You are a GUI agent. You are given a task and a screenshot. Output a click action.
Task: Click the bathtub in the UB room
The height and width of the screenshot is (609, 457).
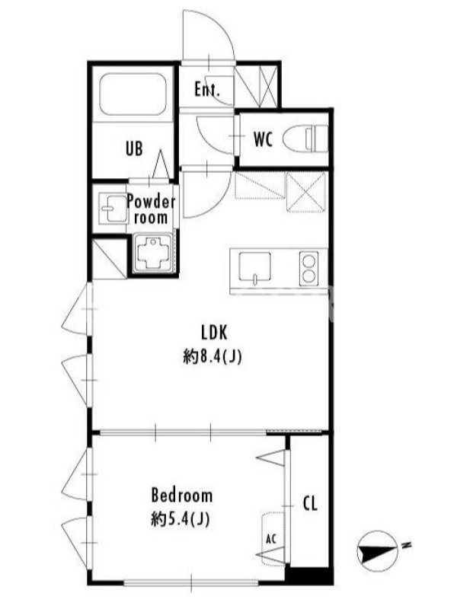133,94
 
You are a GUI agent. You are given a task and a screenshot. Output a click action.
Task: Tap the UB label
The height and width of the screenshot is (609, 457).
134,148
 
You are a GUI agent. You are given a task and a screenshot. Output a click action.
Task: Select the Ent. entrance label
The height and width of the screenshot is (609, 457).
207,91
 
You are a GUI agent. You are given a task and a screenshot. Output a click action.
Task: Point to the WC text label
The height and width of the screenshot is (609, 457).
263,139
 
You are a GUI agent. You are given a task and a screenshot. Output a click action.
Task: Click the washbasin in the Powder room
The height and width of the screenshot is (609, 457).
113,208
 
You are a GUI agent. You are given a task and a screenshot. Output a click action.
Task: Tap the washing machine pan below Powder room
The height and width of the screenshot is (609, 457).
153,253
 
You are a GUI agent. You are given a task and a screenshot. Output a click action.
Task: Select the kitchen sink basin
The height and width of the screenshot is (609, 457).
255,268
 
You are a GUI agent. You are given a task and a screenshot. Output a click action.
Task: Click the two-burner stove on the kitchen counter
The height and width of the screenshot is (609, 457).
309,268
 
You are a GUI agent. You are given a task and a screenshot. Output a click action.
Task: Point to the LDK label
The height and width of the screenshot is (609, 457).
214,333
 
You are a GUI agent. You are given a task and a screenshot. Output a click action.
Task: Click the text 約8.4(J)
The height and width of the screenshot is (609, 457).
213,356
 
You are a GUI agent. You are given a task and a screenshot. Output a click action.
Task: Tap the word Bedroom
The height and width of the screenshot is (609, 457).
182,496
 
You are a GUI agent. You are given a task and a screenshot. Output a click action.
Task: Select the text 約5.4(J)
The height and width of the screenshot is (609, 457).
181,519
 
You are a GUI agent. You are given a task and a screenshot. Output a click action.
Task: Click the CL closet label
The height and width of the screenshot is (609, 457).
310,503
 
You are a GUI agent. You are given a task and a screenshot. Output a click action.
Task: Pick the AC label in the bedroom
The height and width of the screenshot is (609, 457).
271,539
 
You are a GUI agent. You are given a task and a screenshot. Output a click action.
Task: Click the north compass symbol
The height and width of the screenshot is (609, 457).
377,551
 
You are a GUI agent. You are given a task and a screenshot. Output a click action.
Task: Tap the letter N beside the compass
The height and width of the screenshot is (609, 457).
407,545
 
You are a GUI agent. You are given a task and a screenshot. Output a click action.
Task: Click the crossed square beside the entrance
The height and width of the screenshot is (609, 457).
257,86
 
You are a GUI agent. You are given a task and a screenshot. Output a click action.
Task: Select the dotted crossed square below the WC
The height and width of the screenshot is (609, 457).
306,193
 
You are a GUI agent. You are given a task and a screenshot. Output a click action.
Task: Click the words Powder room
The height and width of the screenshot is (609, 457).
151,210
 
